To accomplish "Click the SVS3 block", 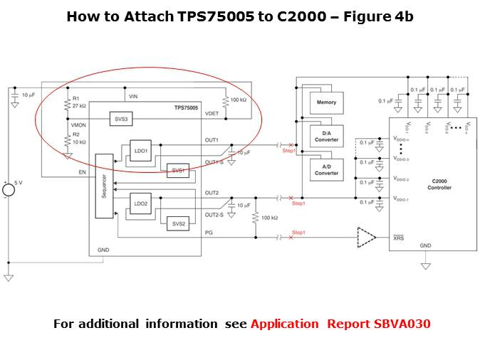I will tap(120, 120).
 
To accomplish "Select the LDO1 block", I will tap(140, 151).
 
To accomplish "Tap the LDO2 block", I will tap(140, 203).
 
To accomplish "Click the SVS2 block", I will tap(178, 223).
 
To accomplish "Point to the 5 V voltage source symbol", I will tap(9, 189).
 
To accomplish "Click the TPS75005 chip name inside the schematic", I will tap(185, 107).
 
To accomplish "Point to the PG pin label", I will tap(208, 232).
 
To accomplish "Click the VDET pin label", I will tap(212, 113).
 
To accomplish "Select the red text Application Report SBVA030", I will tap(340, 324).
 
